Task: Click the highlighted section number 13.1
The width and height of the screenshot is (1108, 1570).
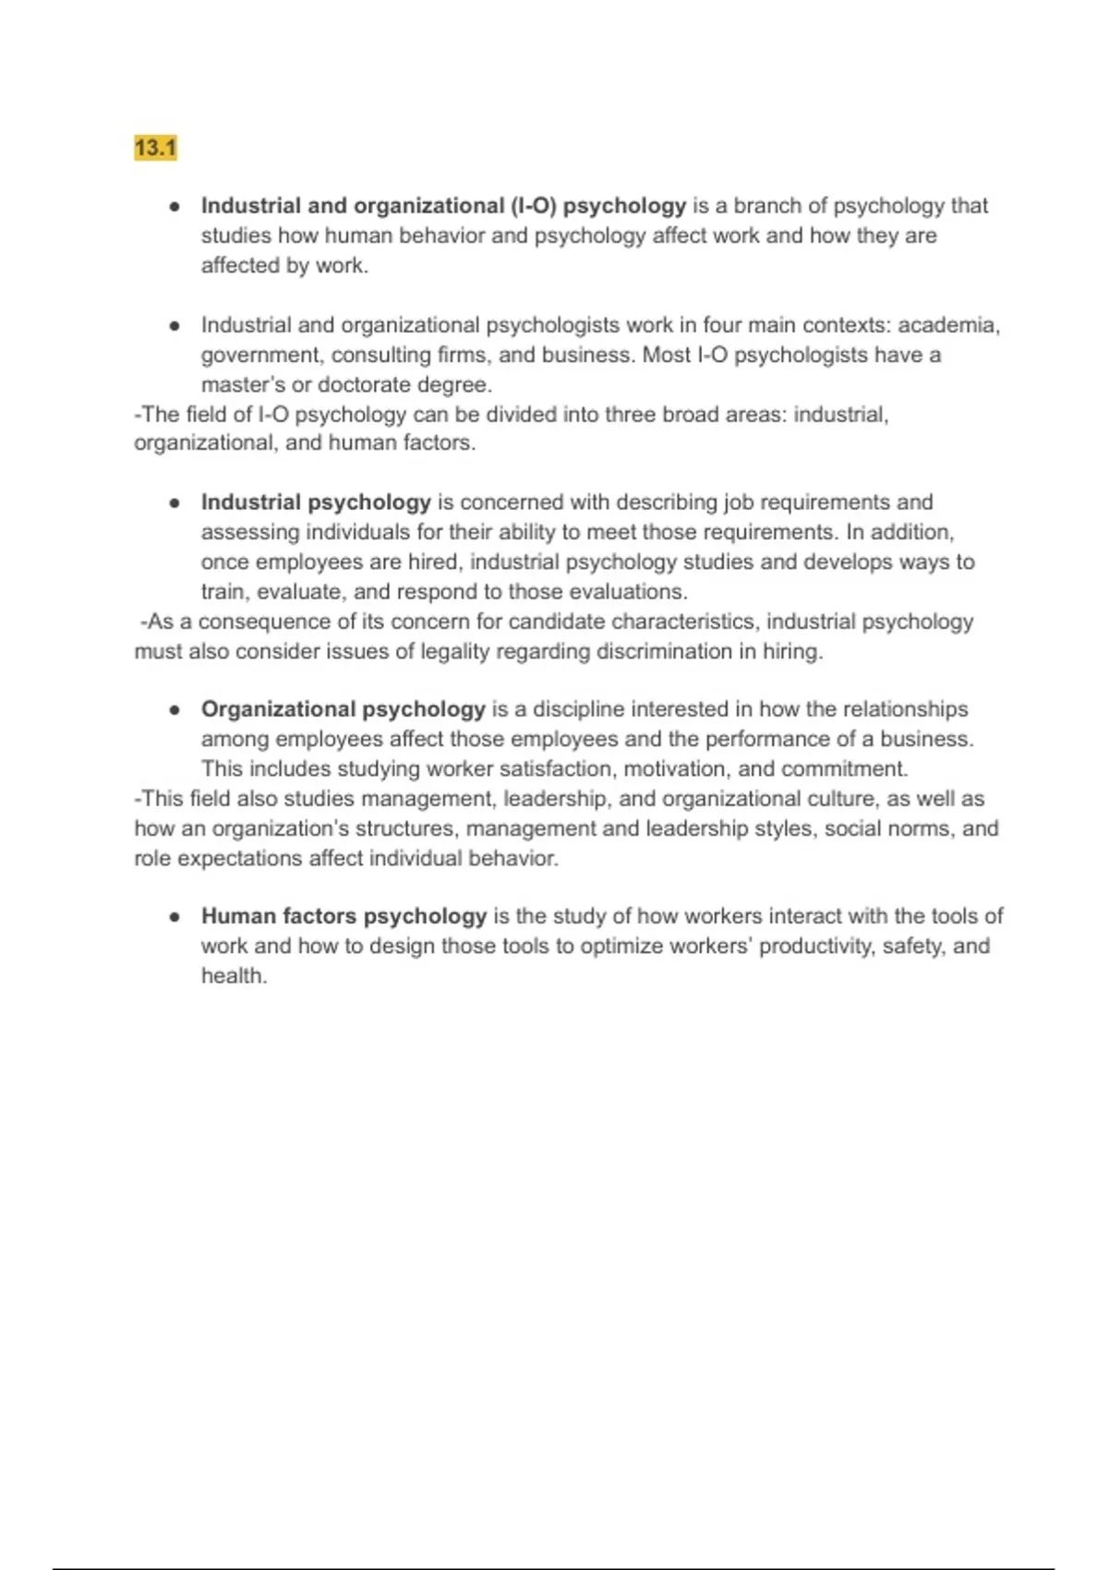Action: click(x=155, y=148)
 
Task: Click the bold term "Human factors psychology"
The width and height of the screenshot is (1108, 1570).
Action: click(x=343, y=916)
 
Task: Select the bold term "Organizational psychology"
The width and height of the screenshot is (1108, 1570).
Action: click(x=343, y=709)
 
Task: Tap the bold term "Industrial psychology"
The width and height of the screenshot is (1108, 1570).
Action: click(x=316, y=502)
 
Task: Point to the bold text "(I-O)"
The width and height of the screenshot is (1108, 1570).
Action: click(x=534, y=206)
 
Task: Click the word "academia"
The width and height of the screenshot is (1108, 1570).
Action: click(x=947, y=325)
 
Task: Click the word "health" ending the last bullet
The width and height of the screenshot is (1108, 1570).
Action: click(x=233, y=975)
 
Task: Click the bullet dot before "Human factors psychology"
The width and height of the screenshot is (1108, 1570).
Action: click(x=174, y=917)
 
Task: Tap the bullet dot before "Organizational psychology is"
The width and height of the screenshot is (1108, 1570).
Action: click(x=174, y=710)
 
